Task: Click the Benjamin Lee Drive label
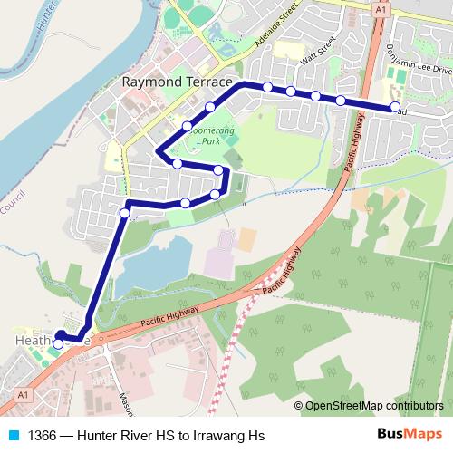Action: coord(419,57)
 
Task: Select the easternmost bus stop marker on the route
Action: coord(395,107)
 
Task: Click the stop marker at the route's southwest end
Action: coord(58,343)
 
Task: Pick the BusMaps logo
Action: coord(410,434)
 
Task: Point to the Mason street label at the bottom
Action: coord(125,402)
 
